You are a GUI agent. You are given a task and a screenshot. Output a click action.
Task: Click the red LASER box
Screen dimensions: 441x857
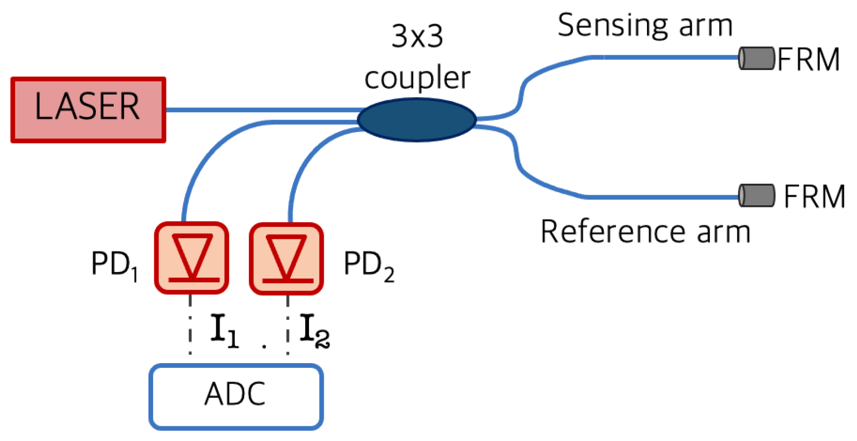tap(88, 109)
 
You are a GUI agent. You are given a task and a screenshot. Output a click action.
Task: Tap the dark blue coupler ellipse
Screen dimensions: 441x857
tap(416, 119)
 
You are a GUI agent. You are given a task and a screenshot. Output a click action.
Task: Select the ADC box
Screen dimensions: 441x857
tap(235, 396)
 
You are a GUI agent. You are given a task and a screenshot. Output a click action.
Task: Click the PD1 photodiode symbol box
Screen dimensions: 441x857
tap(191, 258)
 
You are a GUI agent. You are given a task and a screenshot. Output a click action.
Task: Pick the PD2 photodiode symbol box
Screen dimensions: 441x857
tap(286, 258)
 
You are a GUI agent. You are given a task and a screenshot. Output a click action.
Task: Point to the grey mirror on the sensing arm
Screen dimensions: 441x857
tap(756, 58)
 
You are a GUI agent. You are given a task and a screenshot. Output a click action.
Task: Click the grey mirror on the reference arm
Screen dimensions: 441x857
tap(756, 195)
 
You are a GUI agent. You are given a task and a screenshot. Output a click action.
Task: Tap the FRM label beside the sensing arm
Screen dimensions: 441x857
tap(809, 59)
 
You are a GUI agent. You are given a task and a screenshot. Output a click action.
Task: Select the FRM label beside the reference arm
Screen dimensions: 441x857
tap(814, 197)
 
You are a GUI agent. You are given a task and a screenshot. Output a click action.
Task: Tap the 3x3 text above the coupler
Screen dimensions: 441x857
tap(417, 37)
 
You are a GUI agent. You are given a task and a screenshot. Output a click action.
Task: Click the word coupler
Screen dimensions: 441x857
tap(417, 78)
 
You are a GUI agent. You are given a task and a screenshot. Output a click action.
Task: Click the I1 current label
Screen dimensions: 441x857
tap(224, 330)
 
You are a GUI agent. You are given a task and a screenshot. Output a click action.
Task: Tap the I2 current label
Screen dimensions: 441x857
tap(314, 330)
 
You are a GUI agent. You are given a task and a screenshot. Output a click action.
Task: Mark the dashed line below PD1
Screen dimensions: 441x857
tap(190, 324)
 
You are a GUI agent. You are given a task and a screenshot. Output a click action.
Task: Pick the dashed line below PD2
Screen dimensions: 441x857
tap(287, 324)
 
